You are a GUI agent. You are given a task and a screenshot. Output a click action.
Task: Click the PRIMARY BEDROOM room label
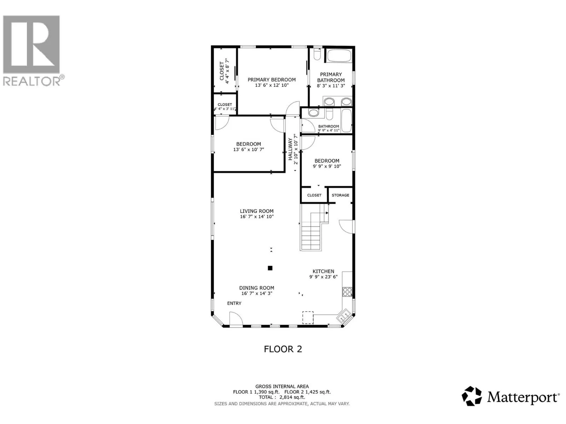click(272, 80)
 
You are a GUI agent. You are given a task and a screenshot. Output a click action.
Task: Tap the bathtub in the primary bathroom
click(339, 56)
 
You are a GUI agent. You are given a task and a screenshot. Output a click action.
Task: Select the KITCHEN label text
click(323, 271)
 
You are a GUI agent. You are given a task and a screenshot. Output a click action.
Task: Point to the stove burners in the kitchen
click(347, 292)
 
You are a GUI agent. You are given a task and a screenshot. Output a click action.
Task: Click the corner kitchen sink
click(344, 316)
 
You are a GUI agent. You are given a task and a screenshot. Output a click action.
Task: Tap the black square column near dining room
click(270, 268)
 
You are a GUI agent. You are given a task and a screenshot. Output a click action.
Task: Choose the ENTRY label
click(234, 303)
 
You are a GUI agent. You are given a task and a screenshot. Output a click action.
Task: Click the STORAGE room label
click(340, 195)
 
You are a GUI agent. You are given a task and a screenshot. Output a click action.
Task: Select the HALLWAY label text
click(290, 149)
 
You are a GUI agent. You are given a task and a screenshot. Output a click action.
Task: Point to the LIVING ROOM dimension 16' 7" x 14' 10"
click(257, 217)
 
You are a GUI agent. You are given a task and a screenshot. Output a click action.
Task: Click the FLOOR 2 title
click(283, 349)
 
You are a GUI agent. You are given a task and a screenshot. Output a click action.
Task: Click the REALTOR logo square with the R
click(31, 44)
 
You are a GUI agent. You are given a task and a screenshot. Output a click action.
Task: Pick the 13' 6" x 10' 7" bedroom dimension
click(249, 149)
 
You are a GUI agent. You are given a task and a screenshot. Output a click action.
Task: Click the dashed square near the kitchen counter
click(308, 318)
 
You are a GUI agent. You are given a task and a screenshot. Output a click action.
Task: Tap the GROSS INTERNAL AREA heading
click(282, 387)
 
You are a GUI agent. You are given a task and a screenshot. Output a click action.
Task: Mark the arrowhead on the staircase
click(327, 213)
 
